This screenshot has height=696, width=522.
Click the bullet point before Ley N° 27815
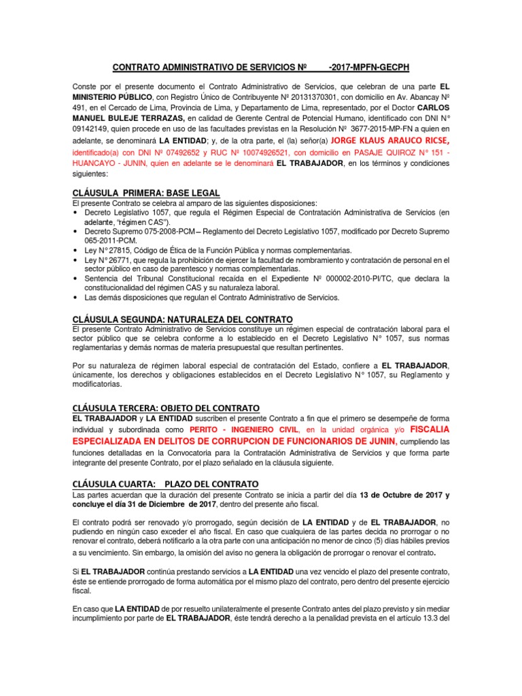75,251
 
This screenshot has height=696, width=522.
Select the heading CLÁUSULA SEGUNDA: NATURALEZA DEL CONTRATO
182,319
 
